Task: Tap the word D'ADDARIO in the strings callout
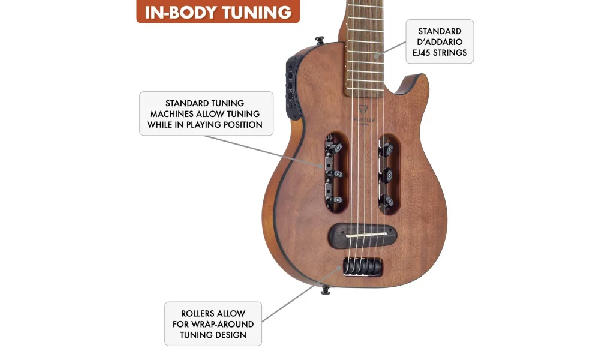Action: click(x=440, y=42)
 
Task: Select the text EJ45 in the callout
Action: click(x=423, y=53)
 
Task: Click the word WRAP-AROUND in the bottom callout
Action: click(x=225, y=324)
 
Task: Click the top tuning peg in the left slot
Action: click(x=337, y=148)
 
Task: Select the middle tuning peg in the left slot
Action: click(x=337, y=174)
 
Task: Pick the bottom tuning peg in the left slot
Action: click(x=337, y=200)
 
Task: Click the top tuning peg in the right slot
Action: click(x=389, y=148)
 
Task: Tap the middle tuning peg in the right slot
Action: click(x=389, y=174)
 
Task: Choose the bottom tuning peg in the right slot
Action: click(x=389, y=200)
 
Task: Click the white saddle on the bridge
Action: click(x=363, y=235)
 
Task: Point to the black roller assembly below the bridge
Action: click(x=363, y=266)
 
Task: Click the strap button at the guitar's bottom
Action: click(x=326, y=290)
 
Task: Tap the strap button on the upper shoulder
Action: click(x=319, y=41)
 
